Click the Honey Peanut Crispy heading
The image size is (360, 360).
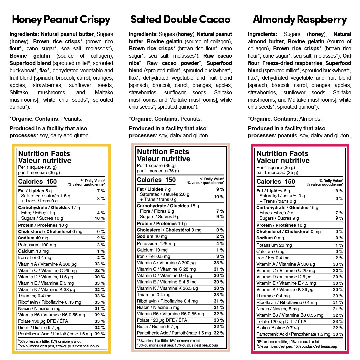coord(61,19)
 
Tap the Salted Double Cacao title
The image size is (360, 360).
coord(180,19)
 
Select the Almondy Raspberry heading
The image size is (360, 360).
coord(300,19)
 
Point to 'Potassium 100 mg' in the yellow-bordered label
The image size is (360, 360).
coord(37,245)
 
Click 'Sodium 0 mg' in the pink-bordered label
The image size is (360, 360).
coord(270,238)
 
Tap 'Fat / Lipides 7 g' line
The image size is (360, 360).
coord(154,189)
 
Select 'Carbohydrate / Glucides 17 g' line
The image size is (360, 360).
coord(49,207)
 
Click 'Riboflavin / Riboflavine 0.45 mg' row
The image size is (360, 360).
coord(49,302)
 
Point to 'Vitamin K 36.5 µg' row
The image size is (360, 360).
coord(167,288)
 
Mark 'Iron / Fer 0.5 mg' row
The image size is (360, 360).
coord(153,256)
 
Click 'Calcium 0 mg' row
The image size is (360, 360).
coord(270,252)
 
